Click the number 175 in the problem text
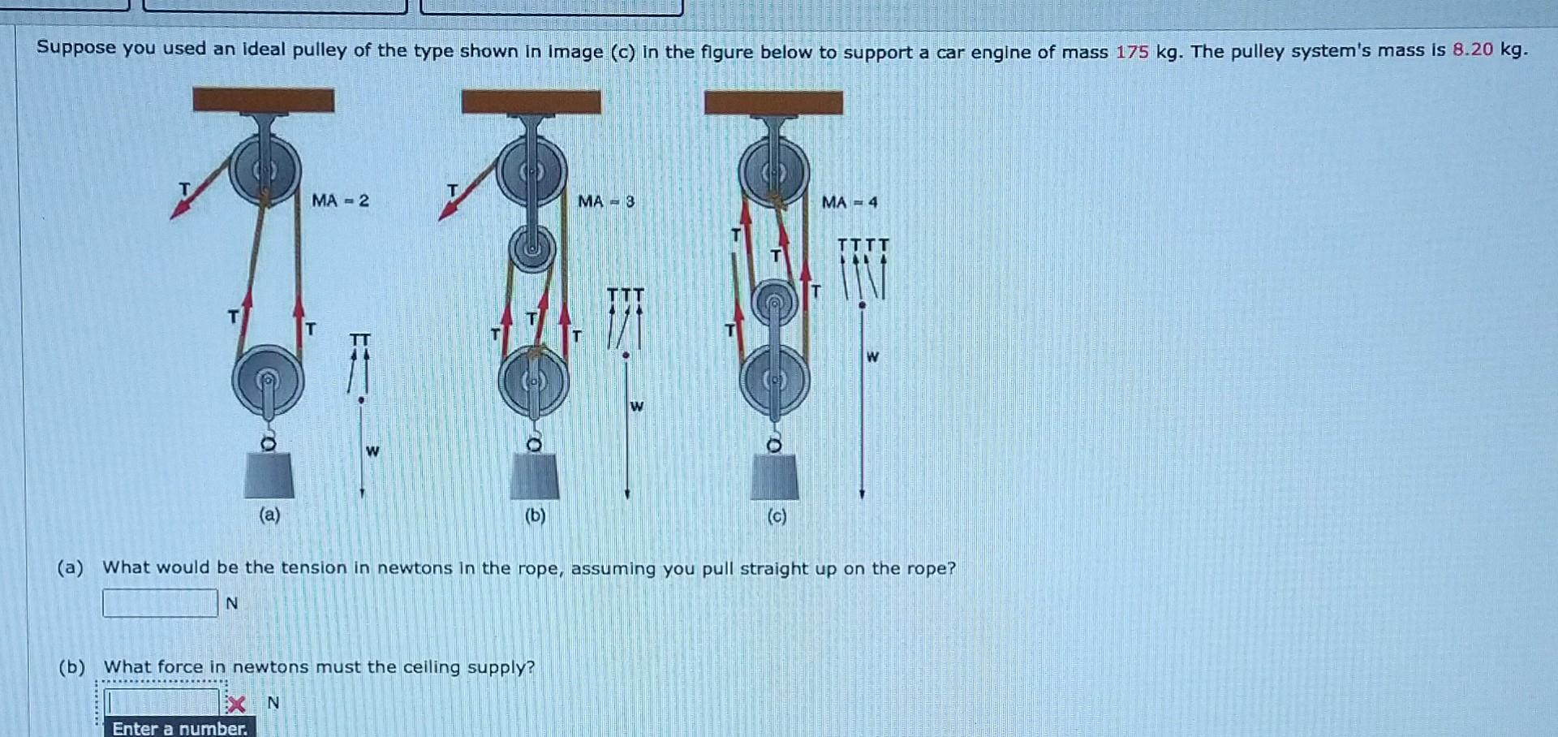[1131, 52]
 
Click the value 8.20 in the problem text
[1472, 50]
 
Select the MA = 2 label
[340, 200]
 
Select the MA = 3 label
[605, 201]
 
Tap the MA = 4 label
[849, 202]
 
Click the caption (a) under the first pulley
[269, 515]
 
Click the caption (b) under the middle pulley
[535, 515]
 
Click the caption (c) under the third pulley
[777, 516]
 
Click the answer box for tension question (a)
[160, 603]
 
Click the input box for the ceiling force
[162, 701]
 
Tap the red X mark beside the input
[236, 703]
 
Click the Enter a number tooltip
[179, 728]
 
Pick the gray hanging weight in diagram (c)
[774, 476]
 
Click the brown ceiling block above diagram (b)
[531, 102]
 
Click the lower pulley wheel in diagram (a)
[268, 380]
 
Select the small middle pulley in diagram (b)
[532, 247]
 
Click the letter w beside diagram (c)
[872, 356]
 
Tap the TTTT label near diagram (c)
[863, 244]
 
